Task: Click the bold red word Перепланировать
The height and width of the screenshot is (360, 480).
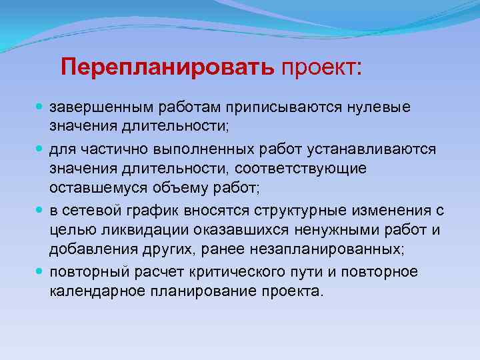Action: click(x=167, y=67)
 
